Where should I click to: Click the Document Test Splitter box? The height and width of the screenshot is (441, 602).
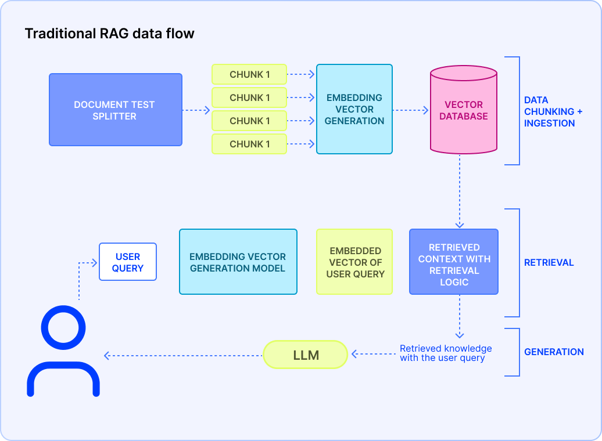click(115, 110)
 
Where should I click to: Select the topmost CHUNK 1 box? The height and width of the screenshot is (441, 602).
click(249, 74)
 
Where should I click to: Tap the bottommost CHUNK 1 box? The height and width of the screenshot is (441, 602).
click(249, 144)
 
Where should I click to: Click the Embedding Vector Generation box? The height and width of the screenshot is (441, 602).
click(354, 109)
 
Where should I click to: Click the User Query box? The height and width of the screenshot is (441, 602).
click(128, 262)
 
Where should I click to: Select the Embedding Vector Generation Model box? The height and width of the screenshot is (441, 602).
click(238, 262)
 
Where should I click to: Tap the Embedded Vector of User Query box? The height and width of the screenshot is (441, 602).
click(354, 262)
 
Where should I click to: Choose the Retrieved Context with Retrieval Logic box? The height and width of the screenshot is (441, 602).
click(454, 262)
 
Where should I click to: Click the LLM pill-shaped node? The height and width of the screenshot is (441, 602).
click(305, 355)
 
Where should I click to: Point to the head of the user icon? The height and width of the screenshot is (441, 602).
click(63, 328)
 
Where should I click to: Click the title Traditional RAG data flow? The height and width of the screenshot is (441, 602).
click(109, 34)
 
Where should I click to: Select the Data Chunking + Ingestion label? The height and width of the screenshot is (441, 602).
click(553, 111)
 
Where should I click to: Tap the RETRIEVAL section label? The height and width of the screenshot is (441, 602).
click(549, 262)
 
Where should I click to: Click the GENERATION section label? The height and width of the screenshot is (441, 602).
click(553, 352)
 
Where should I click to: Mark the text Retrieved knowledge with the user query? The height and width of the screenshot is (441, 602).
click(445, 353)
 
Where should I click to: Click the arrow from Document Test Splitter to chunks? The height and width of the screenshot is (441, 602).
click(196, 110)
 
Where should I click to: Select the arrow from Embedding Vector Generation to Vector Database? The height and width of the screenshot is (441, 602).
click(411, 110)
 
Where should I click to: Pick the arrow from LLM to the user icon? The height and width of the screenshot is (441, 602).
click(183, 355)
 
